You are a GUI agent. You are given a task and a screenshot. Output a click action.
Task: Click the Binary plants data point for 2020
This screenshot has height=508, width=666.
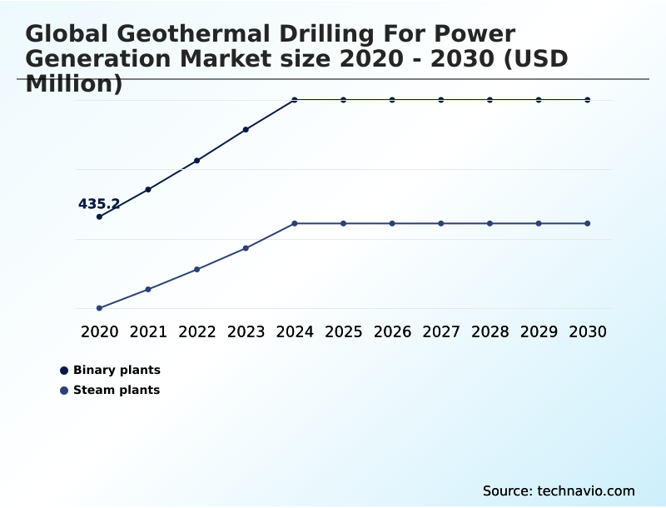(x=99, y=217)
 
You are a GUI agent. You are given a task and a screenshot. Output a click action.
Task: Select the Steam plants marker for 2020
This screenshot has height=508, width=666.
(x=99, y=308)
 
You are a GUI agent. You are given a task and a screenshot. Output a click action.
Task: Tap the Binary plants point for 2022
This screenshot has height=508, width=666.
(x=197, y=161)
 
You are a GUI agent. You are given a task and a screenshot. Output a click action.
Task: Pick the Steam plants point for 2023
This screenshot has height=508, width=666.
(x=246, y=248)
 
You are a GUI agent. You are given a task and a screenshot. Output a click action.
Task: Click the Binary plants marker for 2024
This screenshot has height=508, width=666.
(x=295, y=100)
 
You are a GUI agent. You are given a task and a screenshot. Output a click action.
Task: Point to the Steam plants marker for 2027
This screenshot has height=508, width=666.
(x=441, y=223)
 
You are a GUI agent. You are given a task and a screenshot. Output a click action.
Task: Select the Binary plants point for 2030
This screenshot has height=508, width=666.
(x=588, y=100)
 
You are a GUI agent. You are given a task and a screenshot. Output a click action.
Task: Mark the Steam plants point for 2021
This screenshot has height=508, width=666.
(x=148, y=289)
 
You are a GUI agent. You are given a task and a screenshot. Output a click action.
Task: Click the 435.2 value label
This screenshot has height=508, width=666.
(x=99, y=204)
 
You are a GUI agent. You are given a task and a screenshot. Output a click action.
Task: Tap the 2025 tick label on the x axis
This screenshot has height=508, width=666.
(x=343, y=331)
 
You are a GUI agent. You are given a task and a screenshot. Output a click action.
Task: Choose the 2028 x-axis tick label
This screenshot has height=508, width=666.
(x=490, y=331)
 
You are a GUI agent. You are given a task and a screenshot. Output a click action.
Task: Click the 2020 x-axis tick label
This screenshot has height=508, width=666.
(x=99, y=331)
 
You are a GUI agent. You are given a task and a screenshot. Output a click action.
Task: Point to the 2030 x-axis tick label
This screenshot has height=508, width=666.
(x=588, y=331)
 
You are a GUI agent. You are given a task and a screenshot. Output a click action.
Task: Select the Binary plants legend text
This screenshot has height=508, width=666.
(x=117, y=370)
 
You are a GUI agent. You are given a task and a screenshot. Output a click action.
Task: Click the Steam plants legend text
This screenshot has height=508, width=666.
(x=117, y=390)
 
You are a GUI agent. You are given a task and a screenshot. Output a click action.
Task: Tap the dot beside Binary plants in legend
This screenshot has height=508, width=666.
(x=64, y=371)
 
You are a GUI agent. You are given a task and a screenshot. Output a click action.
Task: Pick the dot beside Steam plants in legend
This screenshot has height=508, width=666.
(x=64, y=391)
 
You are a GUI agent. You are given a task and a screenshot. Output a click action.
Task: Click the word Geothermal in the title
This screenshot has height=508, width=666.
(x=205, y=34)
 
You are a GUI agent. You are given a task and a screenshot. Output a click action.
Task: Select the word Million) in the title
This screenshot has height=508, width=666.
(x=74, y=84)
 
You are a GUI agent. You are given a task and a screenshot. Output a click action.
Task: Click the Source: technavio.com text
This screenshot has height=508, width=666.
(x=559, y=491)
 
